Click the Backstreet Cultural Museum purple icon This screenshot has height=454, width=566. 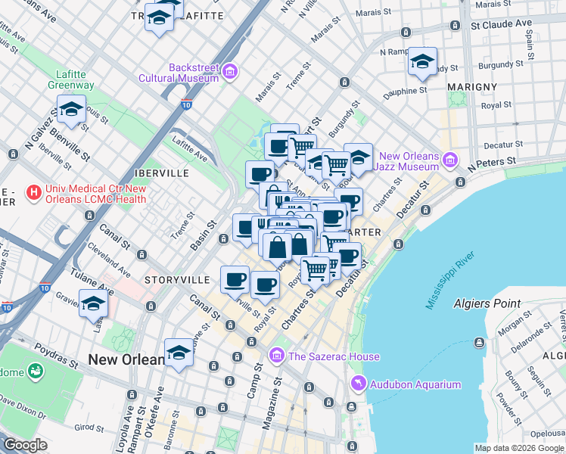click(230, 73)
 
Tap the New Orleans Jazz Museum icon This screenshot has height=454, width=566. click(450, 160)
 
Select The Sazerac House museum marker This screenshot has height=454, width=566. click(276, 356)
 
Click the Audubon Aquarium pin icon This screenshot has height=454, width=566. click(358, 384)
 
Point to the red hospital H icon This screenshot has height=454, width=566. click(33, 193)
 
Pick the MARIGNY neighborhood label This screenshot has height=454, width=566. click(471, 87)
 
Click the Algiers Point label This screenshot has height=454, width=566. click(487, 303)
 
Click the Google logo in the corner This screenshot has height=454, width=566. click(24, 444)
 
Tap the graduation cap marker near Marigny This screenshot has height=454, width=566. click(423, 62)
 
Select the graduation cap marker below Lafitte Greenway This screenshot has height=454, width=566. click(71, 110)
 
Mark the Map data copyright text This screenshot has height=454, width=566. click(519, 448)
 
